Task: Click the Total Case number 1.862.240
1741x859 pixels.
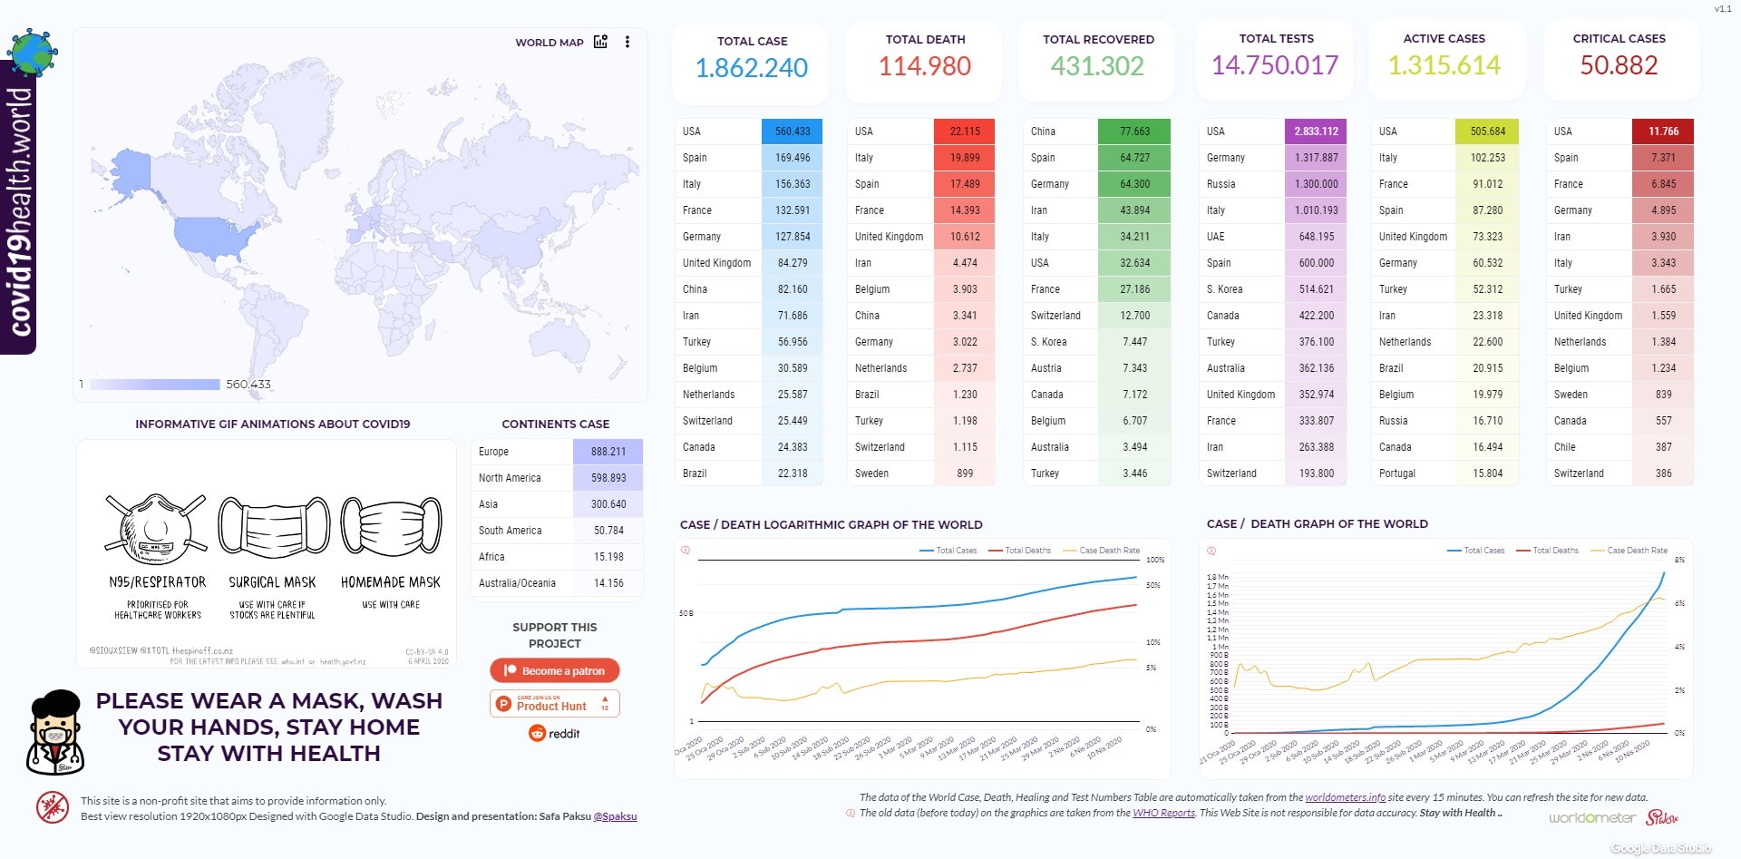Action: pos(751,68)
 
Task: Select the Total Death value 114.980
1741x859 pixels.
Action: pos(924,66)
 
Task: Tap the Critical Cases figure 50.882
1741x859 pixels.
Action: pos(1619,65)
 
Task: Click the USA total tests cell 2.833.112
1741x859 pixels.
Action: pos(1316,132)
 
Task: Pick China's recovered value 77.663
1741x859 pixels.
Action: pos(1134,132)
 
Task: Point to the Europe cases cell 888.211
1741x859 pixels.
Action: pos(608,452)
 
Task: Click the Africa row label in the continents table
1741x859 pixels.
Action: pos(491,557)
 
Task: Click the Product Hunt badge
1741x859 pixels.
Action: pos(555,704)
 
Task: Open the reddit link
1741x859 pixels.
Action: pos(555,734)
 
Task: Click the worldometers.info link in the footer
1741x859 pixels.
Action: pos(1345,797)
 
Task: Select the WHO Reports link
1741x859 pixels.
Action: pos(1163,813)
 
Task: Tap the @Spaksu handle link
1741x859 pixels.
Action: pos(615,816)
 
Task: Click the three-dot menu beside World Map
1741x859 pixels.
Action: pos(627,42)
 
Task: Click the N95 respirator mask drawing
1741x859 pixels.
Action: pos(156,529)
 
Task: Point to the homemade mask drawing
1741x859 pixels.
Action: pos(391,526)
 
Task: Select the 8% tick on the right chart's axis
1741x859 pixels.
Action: pos(1679,560)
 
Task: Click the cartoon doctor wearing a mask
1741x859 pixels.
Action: pos(56,733)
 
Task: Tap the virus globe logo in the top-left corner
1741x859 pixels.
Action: pos(33,52)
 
